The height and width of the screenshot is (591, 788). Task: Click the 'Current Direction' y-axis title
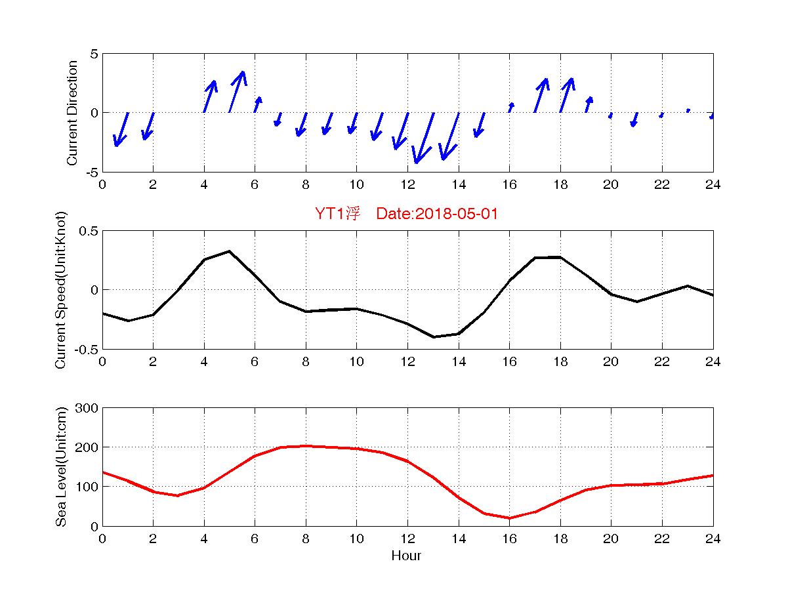(72, 113)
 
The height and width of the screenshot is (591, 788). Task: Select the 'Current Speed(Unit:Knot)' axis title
(62, 290)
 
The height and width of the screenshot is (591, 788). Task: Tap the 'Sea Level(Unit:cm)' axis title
(62, 467)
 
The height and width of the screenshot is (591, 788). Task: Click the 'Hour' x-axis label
(406, 556)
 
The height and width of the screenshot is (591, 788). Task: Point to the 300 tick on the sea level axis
(88, 408)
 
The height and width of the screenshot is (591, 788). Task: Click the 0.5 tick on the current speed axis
(89, 231)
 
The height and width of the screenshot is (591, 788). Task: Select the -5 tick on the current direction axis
(91, 172)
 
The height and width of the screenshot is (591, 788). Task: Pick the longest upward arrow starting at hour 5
(237, 92)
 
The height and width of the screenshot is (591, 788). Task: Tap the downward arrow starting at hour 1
(121, 129)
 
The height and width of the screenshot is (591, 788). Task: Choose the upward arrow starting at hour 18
(566, 95)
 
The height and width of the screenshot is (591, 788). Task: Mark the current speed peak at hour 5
(229, 251)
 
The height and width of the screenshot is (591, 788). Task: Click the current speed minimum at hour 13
(433, 336)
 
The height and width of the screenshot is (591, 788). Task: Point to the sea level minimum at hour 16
(509, 518)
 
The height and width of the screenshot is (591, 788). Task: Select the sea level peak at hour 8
(306, 446)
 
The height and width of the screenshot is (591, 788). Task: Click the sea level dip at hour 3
(178, 495)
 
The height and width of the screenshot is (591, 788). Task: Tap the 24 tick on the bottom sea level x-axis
(713, 539)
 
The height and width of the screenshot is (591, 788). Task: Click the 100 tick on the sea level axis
(88, 487)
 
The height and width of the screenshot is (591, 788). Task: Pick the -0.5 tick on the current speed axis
(87, 349)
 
